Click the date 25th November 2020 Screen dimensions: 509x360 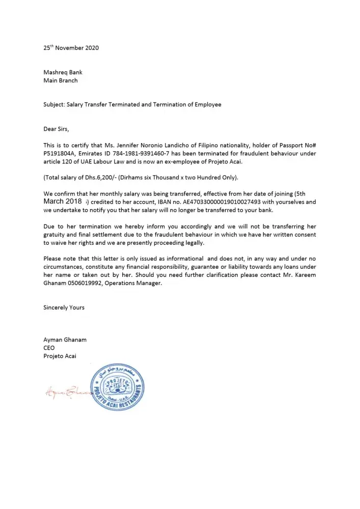click(x=71, y=48)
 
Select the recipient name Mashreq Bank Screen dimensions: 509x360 click(x=63, y=72)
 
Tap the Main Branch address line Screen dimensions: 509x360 click(x=61, y=80)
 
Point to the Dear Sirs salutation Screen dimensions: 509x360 click(x=56, y=129)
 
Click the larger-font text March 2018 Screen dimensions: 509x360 click(x=63, y=202)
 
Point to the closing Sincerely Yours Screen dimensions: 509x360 click(x=64, y=307)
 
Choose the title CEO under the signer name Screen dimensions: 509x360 click(x=49, y=348)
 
